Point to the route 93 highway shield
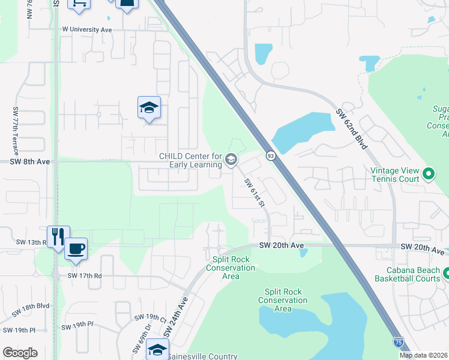271,156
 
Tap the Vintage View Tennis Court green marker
429,175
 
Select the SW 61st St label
255,193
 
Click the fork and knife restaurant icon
58,235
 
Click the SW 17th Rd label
85,275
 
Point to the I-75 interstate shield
398,341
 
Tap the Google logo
20,353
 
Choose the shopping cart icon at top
78,3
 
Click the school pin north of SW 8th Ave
149,107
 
